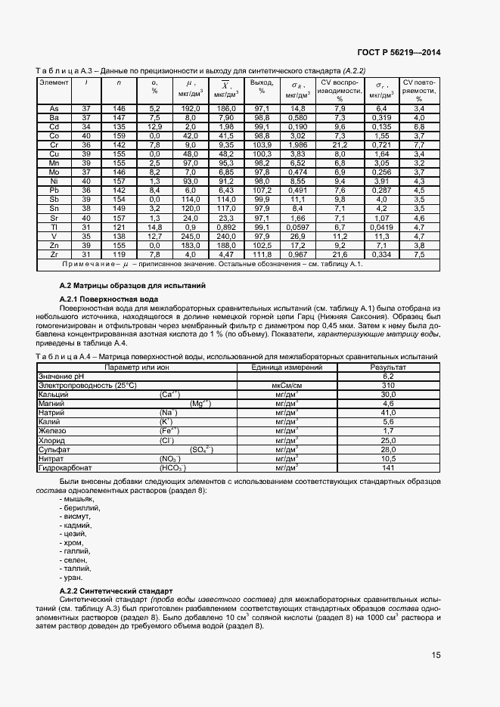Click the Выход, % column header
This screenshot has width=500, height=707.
pos(262,87)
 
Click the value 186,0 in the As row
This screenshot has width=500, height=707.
pos(225,109)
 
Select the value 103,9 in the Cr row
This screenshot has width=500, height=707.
pos(262,144)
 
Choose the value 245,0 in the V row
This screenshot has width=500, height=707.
pos(190,236)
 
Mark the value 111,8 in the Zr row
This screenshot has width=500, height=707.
pos(262,254)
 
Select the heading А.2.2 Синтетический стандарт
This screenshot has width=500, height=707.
pos(116,590)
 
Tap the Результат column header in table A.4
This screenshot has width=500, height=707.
pos(388,367)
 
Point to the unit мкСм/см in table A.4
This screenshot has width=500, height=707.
pos(287,385)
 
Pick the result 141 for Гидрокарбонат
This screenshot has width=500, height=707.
pos(388,467)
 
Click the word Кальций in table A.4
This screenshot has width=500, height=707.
pos(53,394)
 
